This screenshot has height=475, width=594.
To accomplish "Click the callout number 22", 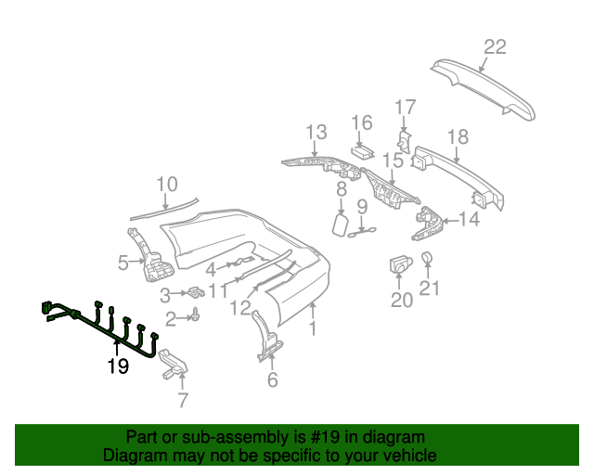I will tap(495, 47).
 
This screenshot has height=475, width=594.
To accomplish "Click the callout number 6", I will tap(272, 379).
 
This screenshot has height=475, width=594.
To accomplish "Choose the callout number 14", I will tap(469, 219).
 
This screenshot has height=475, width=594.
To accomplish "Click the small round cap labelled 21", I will tap(429, 257).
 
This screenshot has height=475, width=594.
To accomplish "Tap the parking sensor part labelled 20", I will tap(400, 263).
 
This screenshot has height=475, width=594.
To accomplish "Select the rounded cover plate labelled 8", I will tap(340, 224).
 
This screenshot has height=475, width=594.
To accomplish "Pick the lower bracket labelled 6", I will tap(266, 338).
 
